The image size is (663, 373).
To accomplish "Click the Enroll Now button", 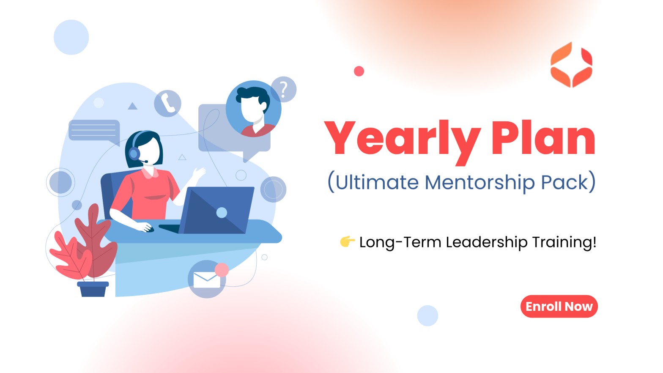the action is point(559,306).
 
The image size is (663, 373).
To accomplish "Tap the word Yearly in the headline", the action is point(403,142).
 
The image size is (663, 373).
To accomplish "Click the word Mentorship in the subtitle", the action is point(480,182).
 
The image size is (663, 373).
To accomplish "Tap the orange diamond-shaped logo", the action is point(571,65).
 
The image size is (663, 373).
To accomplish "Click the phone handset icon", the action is point(167,103).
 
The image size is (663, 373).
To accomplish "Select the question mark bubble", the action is point(284,89).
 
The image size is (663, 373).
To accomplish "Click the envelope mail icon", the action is point(207,280).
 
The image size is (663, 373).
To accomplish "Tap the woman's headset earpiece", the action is point(134,154).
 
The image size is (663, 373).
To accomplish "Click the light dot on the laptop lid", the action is point(222,213).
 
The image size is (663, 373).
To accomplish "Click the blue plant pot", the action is point(93,289).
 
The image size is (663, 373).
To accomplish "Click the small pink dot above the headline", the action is point(359,71).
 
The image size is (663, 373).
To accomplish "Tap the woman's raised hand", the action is point(199,173).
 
